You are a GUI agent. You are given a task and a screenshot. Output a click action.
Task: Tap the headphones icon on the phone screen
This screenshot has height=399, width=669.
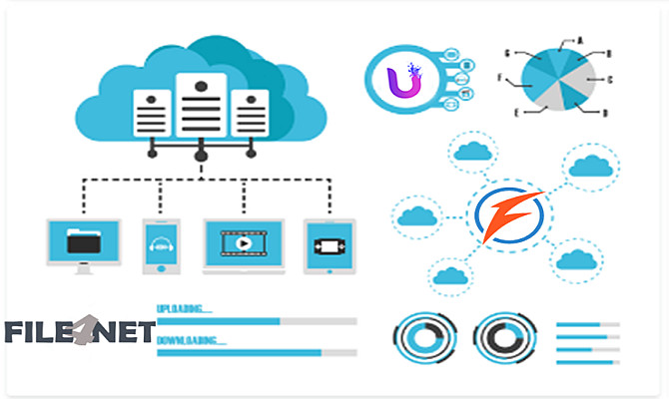160,242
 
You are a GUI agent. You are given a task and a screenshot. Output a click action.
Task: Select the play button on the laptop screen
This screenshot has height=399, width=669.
243,242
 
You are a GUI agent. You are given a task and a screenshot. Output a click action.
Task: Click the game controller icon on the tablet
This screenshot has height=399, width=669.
329,242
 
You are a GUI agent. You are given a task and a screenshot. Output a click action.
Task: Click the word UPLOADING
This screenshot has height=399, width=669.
185,307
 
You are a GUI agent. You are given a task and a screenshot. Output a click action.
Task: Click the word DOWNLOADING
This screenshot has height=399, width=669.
191,339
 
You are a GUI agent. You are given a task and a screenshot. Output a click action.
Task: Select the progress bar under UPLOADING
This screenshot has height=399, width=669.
257,321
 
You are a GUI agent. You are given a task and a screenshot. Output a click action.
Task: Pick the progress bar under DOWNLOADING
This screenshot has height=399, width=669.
257,352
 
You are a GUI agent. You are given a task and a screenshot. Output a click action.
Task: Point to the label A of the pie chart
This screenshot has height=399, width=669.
578,41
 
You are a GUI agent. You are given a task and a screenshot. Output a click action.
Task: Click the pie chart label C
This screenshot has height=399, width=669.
610,78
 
